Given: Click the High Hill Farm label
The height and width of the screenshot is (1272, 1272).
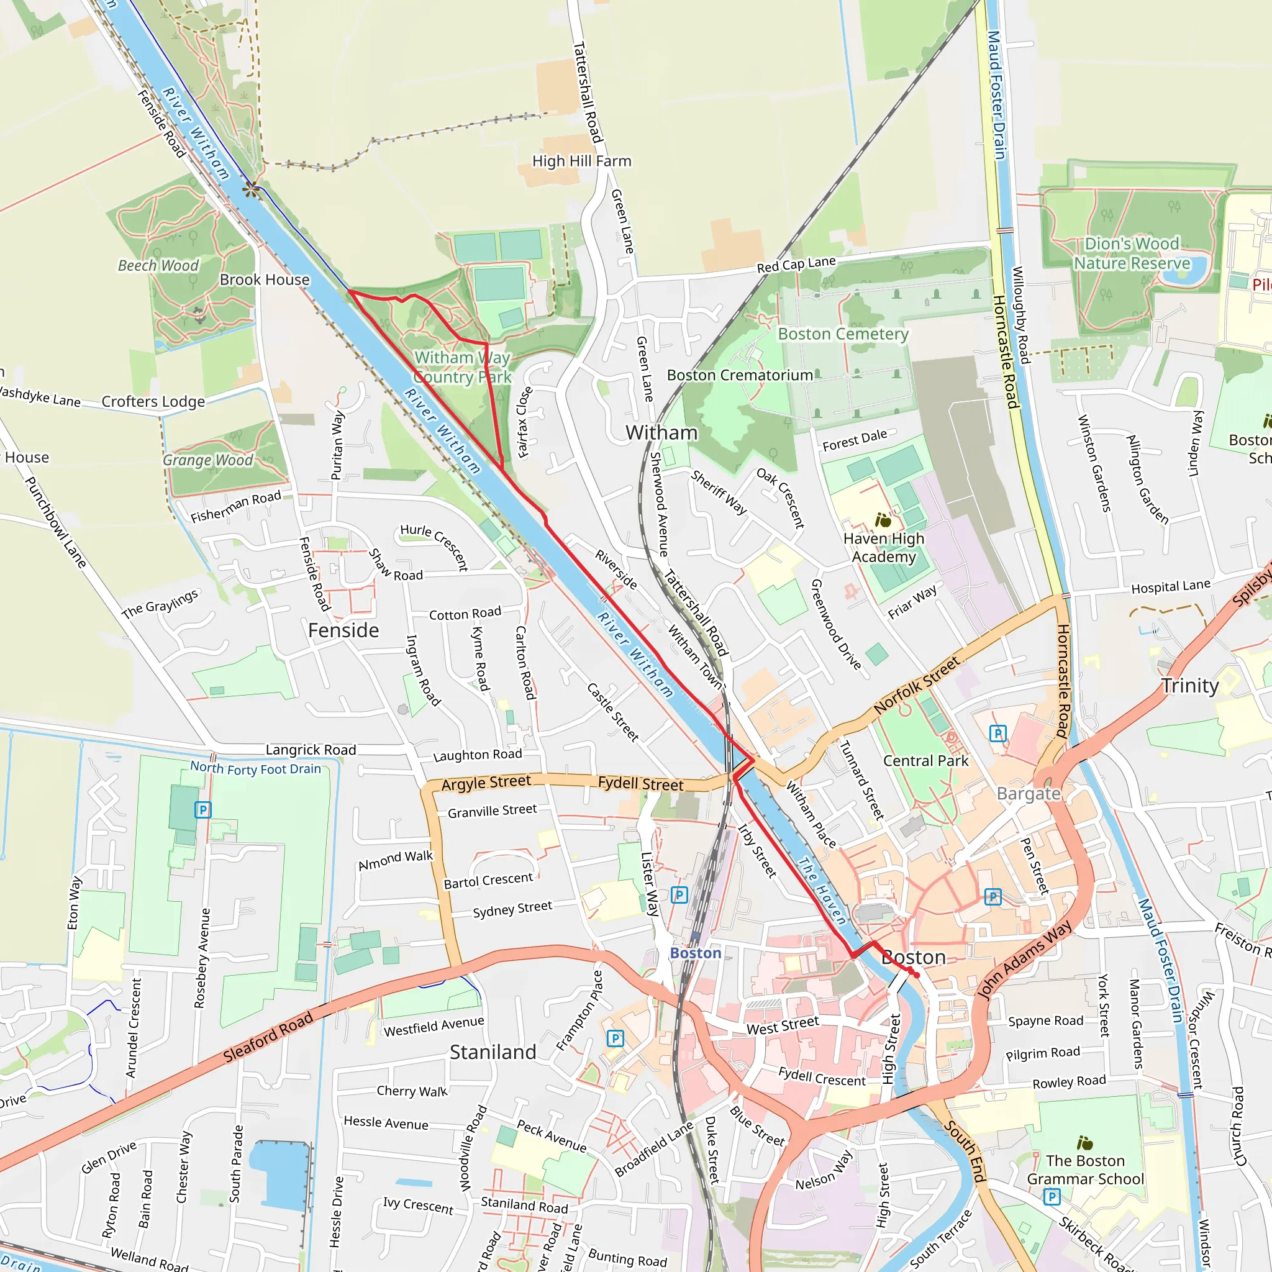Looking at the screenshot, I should point(581,161).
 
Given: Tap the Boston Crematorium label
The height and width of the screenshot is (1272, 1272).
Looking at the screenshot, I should point(739,375).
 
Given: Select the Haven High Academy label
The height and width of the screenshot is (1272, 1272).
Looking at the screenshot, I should point(884,548).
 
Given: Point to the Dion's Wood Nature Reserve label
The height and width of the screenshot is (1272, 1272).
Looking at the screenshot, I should point(1132,253).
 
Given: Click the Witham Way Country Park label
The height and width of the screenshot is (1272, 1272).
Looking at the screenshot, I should point(462,368).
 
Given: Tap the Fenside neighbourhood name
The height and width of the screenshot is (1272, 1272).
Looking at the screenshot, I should point(343,631).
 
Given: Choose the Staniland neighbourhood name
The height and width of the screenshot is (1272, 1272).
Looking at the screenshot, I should point(493,1052).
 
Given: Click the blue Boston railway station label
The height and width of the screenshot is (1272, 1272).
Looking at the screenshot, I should point(695,953).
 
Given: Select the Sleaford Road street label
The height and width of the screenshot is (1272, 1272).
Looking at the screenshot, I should point(267,1038).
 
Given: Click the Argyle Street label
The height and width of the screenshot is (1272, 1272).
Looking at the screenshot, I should point(486,783).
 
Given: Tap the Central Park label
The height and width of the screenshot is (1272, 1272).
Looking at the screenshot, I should point(925,761).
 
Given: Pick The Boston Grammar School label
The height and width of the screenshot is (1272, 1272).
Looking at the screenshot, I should point(1085,1170).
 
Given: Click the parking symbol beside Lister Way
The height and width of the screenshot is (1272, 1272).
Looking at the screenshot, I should point(679,895).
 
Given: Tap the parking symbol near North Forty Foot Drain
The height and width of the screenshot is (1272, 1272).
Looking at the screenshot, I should point(202,810).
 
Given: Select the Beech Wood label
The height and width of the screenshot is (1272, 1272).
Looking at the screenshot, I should point(158,265).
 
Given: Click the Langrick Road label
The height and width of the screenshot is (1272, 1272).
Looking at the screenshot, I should point(311,750).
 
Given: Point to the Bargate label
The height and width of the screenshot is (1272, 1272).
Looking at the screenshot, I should point(1029,794).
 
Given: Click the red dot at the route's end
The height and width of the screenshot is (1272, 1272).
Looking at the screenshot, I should point(917,975).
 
